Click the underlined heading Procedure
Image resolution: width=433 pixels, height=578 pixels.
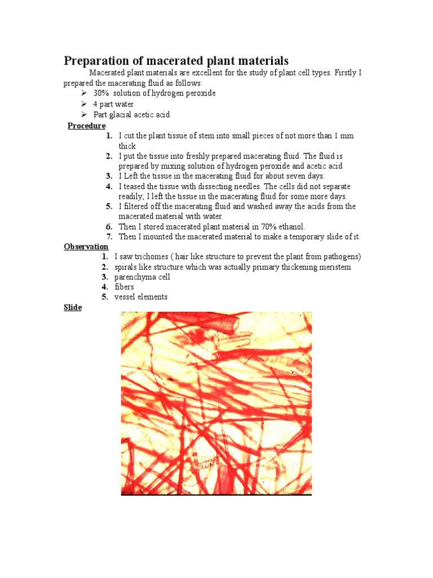pos(86,125)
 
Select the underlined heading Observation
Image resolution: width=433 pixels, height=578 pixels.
pos(86,247)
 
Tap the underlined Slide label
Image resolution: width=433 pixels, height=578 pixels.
pos(73,308)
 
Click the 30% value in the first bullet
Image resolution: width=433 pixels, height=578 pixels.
pos(101,93)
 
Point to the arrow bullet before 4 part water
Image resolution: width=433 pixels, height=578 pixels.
pos(84,104)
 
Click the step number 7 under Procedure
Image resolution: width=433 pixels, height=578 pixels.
pos(109,237)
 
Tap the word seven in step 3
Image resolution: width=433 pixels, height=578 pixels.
pos(294,176)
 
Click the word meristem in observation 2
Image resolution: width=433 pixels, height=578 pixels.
pos(333,267)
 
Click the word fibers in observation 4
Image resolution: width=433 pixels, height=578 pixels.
pos(124,287)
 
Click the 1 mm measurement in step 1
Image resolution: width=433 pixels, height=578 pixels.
pos(344,136)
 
